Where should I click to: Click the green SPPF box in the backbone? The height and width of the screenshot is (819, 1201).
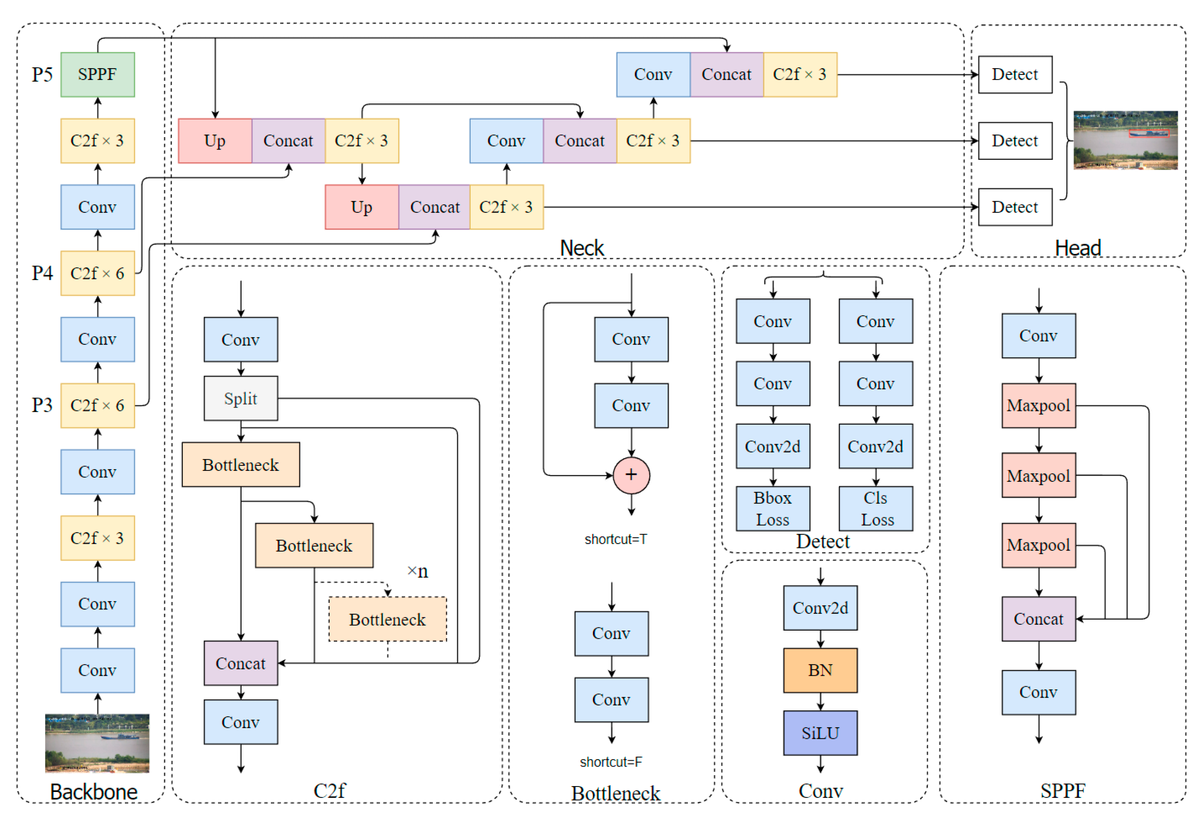click(98, 74)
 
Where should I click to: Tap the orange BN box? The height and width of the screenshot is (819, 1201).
click(820, 670)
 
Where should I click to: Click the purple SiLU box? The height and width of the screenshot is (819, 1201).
click(820, 733)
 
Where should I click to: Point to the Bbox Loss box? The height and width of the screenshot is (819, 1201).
click(773, 508)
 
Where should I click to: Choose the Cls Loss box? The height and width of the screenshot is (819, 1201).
click(876, 508)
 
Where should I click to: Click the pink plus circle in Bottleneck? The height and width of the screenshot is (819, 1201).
click(631, 475)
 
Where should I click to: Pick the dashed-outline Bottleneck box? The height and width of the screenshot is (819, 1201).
click(388, 619)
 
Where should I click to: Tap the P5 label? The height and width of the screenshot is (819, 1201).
click(42, 75)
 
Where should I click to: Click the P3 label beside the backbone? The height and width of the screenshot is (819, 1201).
click(42, 405)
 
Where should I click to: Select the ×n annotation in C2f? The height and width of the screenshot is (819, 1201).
click(418, 571)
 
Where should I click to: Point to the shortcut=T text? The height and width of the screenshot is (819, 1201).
click(615, 539)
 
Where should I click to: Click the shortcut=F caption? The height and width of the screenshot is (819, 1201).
click(611, 761)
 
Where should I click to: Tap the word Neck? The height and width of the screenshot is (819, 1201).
click(582, 248)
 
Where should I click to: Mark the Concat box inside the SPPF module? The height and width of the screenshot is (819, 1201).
click(1039, 619)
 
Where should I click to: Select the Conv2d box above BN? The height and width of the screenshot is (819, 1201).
click(820, 607)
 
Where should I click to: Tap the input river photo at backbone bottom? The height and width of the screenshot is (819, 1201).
click(97, 743)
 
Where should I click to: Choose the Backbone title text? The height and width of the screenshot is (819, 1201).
click(94, 792)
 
